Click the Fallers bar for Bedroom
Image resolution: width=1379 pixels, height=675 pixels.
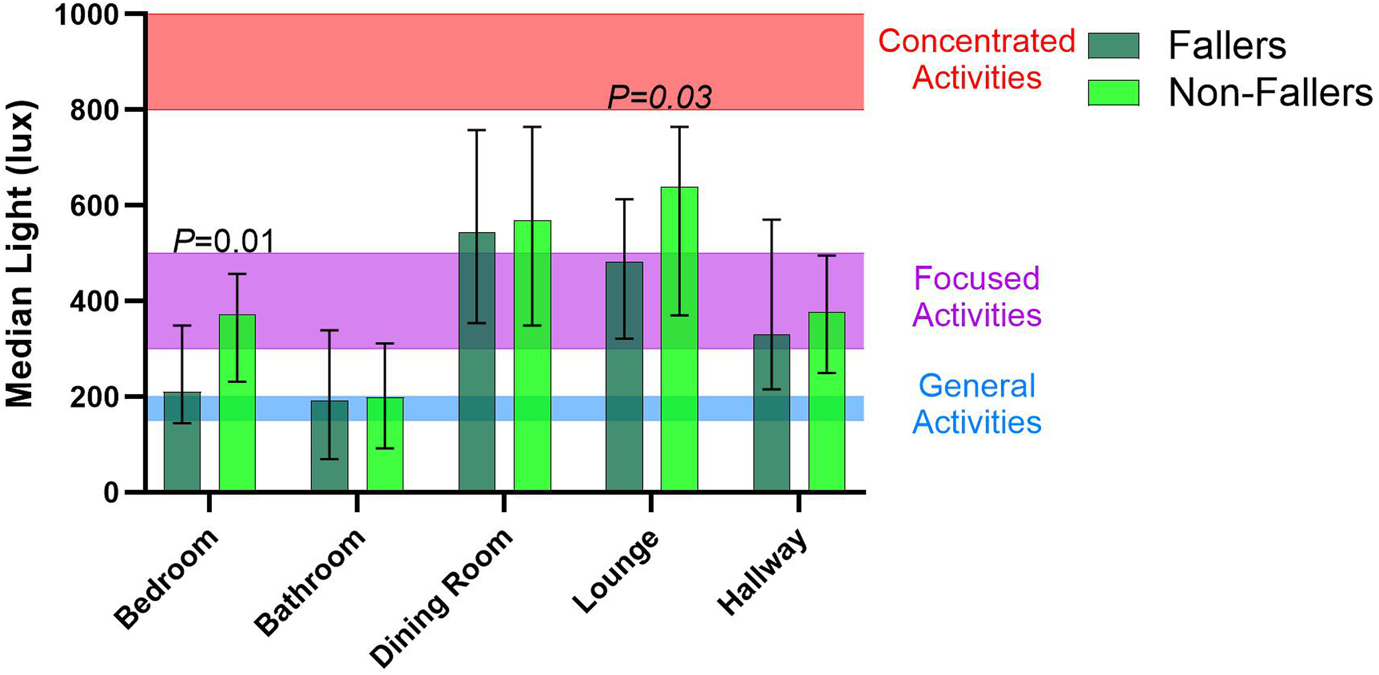coord(182,441)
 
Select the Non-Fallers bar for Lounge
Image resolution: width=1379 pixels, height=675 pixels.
coord(679,338)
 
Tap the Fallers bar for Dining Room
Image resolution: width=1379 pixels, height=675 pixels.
coord(477,362)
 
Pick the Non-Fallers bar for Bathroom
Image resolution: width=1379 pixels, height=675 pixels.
coord(385,444)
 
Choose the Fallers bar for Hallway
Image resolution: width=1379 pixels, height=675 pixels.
coord(771,412)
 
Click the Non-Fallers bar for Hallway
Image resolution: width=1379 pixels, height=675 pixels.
coord(826,401)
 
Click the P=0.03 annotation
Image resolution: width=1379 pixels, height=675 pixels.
coord(659,97)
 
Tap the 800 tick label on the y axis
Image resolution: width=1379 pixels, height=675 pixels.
coord(94,111)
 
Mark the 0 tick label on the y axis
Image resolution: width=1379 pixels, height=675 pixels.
coord(111,492)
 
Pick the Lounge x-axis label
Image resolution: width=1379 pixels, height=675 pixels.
coord(616,571)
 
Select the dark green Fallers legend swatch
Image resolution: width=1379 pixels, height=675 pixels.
coord(1114,45)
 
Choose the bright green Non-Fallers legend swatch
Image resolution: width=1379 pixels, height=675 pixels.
coord(1114,92)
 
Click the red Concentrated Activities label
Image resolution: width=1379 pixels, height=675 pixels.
coord(977,60)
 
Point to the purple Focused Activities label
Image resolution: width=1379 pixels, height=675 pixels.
coord(977,296)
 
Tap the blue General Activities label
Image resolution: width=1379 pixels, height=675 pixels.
coord(977,404)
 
